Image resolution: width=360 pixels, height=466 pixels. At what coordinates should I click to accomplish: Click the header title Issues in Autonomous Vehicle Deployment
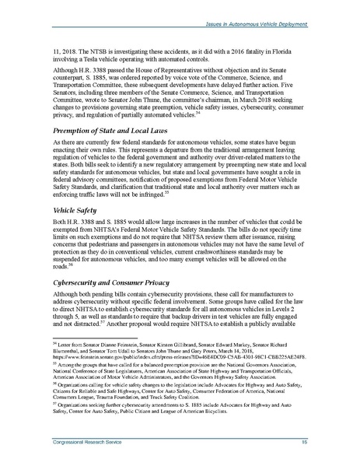(267, 5)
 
